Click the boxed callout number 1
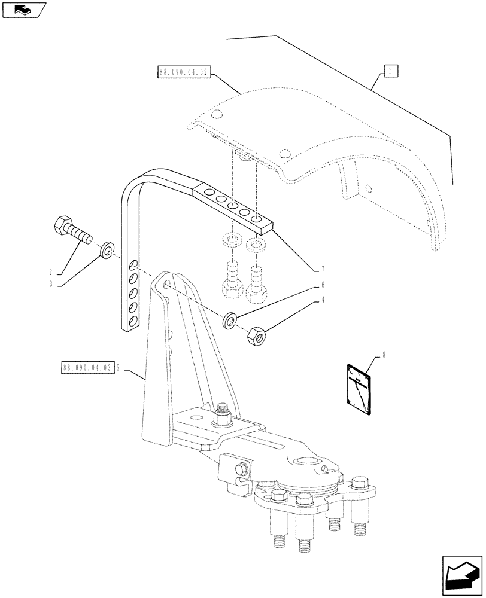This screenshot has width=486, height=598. point(390,72)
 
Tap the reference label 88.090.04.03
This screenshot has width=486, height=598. point(87,367)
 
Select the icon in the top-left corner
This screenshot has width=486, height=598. point(23,10)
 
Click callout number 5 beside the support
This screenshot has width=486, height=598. point(119,367)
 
